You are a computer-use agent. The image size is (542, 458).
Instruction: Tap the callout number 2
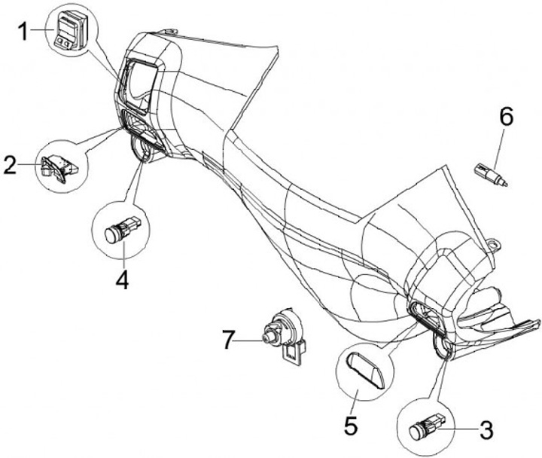coord(10,165)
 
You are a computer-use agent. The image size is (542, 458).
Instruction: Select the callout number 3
coord(486,430)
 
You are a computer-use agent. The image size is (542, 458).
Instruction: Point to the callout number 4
coord(123,279)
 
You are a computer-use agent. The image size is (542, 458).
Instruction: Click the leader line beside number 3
coord(460,430)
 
